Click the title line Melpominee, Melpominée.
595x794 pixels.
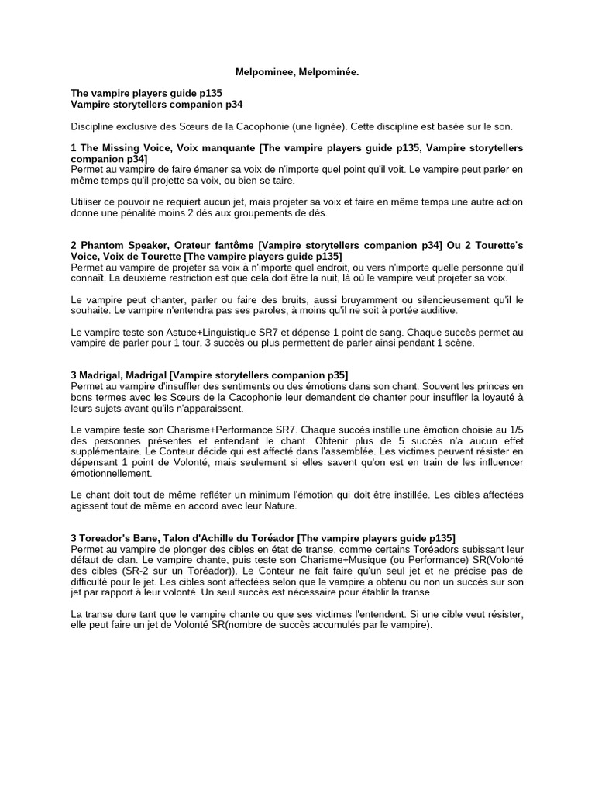297,71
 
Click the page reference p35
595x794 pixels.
335,375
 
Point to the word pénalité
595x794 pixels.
138,213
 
